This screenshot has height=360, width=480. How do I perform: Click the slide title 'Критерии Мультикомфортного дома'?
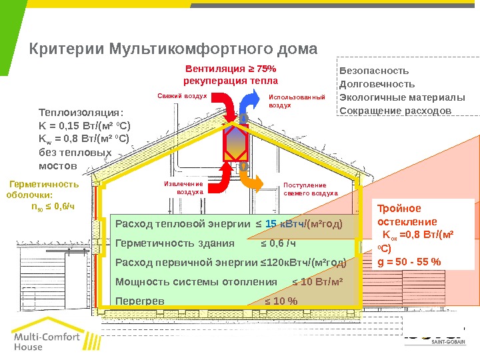(x=174, y=49)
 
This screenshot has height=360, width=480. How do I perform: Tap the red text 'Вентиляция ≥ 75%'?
(x=231, y=69)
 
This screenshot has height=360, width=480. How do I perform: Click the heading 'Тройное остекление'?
(x=408, y=215)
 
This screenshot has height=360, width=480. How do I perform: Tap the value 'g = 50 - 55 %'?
(x=409, y=261)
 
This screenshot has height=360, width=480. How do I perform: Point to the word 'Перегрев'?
(x=140, y=301)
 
